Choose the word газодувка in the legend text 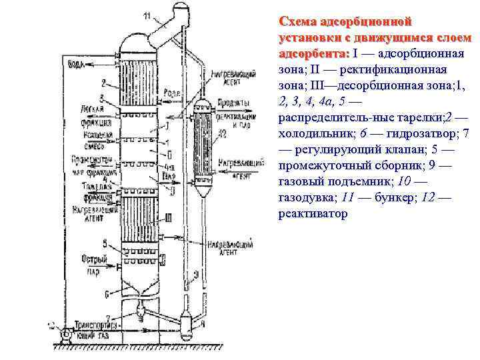point(305,197)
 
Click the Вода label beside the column point(77,64)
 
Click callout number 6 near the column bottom point(107,293)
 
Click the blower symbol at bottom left point(64,333)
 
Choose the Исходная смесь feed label point(93,139)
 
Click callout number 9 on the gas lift point(195,273)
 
